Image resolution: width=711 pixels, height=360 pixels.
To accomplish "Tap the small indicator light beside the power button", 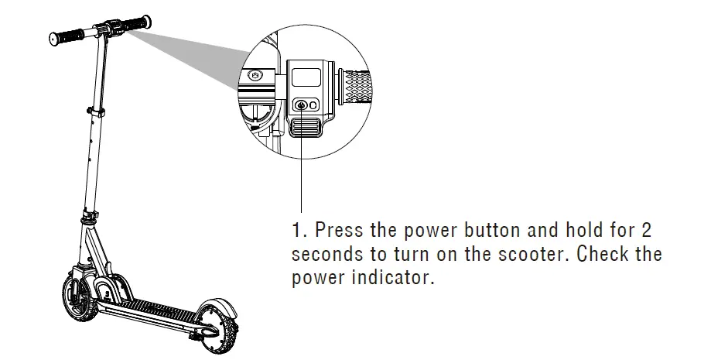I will (313, 106).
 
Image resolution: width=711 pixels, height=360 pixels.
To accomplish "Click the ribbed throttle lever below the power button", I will (305, 125).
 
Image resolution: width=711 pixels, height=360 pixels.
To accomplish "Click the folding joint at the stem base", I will (91, 214).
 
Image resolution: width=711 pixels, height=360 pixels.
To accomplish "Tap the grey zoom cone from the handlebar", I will (193, 54).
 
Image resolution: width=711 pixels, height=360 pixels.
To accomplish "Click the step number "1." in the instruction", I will (299, 231).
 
